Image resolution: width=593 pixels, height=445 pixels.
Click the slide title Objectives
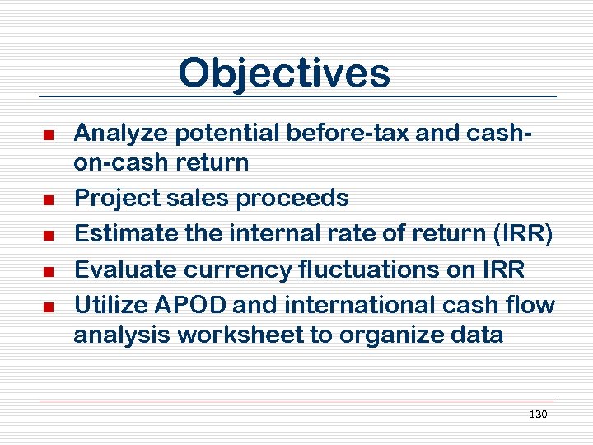[x=284, y=73]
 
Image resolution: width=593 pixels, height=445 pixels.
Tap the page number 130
[x=538, y=415]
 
